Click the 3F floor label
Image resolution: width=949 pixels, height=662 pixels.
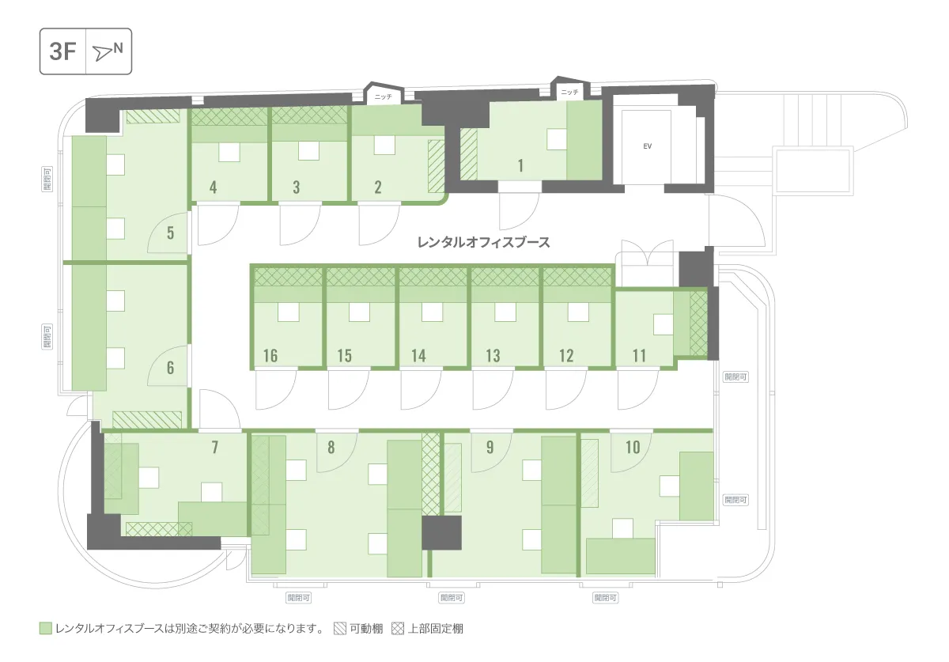point(62,51)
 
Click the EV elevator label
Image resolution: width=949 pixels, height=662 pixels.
point(647,146)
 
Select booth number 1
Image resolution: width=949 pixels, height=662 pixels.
point(520,165)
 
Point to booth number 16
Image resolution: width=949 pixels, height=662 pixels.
point(270,356)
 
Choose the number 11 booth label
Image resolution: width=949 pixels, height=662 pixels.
point(639,356)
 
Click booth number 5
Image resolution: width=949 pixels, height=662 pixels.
point(170,233)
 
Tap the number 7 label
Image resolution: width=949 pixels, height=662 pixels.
point(215,447)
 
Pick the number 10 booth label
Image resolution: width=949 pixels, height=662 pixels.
point(633,447)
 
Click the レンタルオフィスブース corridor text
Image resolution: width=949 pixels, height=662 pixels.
point(483,243)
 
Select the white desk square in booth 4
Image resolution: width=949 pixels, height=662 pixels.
point(229,152)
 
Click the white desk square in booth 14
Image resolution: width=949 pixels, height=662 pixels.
point(432,312)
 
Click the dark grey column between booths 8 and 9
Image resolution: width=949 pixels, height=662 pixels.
point(441,533)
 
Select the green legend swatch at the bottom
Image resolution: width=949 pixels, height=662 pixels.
point(45,628)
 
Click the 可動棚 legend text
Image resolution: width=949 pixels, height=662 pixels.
point(366,629)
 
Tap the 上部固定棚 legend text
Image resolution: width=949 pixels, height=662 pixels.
point(436,629)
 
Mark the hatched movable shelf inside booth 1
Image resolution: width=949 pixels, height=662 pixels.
point(468,154)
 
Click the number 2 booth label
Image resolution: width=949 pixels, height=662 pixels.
point(377,187)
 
